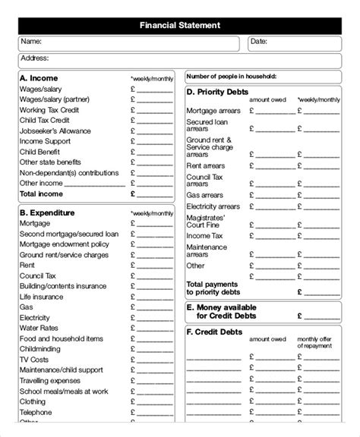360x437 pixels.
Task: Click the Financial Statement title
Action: (x=180, y=25)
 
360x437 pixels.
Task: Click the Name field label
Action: (x=31, y=41)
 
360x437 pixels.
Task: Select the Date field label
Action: (x=259, y=41)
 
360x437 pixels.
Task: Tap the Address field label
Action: (x=35, y=58)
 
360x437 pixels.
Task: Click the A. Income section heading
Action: (x=39, y=78)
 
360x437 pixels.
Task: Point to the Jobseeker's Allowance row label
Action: (x=55, y=130)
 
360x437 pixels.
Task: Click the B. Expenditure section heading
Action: (x=49, y=213)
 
